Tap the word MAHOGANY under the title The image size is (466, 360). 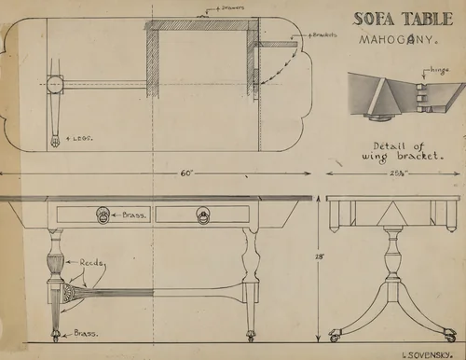click(x=393, y=40)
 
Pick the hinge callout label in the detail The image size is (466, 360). click(x=438, y=70)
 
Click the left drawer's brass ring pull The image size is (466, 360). click(x=103, y=215)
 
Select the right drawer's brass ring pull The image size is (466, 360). click(x=203, y=215)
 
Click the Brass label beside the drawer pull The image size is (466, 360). click(x=133, y=215)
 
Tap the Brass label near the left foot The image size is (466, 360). click(x=86, y=333)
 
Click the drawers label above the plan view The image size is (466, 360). click(x=229, y=7)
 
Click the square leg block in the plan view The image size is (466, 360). click(x=53, y=84)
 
